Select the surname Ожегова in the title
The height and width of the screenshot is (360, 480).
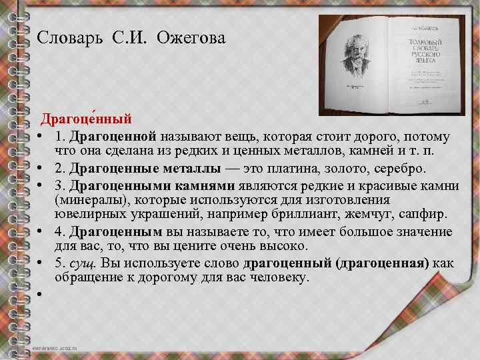(191, 39)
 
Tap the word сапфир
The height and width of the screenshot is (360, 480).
(427, 215)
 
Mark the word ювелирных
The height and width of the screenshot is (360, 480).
(86, 215)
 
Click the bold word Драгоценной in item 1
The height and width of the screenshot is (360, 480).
(113, 137)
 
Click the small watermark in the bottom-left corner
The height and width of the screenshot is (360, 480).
(56, 349)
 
